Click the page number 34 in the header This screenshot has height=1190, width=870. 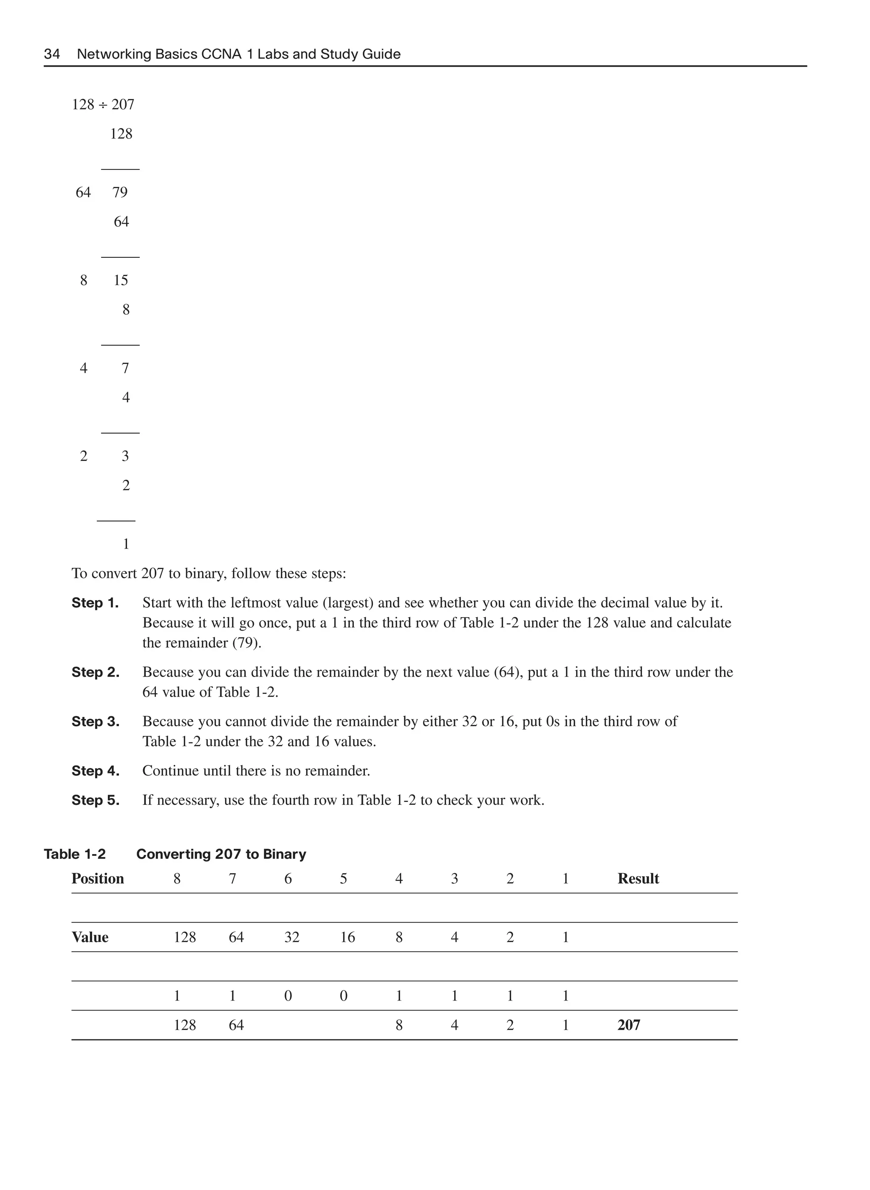tap(51, 54)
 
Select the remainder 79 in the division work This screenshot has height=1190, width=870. tap(120, 193)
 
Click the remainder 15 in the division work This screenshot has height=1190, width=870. tap(121, 281)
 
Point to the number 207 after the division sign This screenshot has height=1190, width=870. tap(123, 105)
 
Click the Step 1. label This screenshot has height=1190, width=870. tap(95, 603)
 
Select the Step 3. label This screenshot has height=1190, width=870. tap(95, 722)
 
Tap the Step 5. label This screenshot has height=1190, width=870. tap(95, 801)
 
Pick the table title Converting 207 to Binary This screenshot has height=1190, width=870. tap(221, 854)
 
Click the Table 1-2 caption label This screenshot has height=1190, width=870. tap(75, 854)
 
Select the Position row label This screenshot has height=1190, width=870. tap(98, 879)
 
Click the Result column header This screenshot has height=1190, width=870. tap(638, 879)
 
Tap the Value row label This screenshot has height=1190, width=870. tap(90, 937)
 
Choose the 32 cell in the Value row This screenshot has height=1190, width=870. tap(292, 937)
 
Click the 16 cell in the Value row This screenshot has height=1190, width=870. tap(347, 937)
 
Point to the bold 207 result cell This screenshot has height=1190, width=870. tap(629, 1025)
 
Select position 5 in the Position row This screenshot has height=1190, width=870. tap(343, 879)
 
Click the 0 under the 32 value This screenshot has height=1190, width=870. tap(288, 996)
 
